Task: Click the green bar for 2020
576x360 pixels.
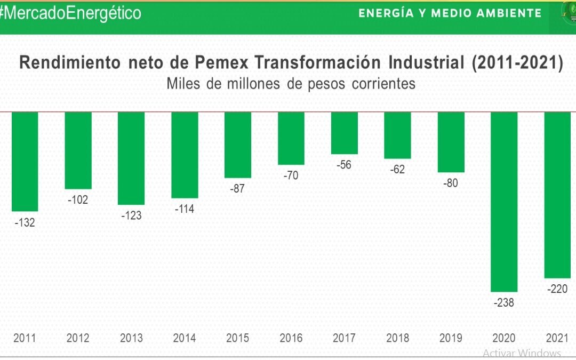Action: point(504,202)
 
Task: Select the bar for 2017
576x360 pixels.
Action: point(344,133)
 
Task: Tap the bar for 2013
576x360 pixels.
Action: point(131,158)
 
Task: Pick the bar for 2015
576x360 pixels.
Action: point(237,145)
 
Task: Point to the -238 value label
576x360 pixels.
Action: point(504,302)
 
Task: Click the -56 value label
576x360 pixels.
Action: point(344,165)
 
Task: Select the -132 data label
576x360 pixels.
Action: point(25,222)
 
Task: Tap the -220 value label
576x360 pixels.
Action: point(557,289)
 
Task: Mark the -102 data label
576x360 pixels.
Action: point(78,200)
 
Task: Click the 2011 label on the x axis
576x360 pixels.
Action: point(25,338)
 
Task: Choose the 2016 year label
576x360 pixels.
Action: point(291,338)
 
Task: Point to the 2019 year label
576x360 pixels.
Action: point(451,338)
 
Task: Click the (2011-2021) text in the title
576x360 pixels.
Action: point(517,63)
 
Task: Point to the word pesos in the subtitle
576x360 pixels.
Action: point(322,84)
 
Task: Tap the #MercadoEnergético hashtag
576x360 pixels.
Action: point(70,13)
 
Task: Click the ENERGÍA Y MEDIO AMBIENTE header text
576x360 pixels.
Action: point(450,13)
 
